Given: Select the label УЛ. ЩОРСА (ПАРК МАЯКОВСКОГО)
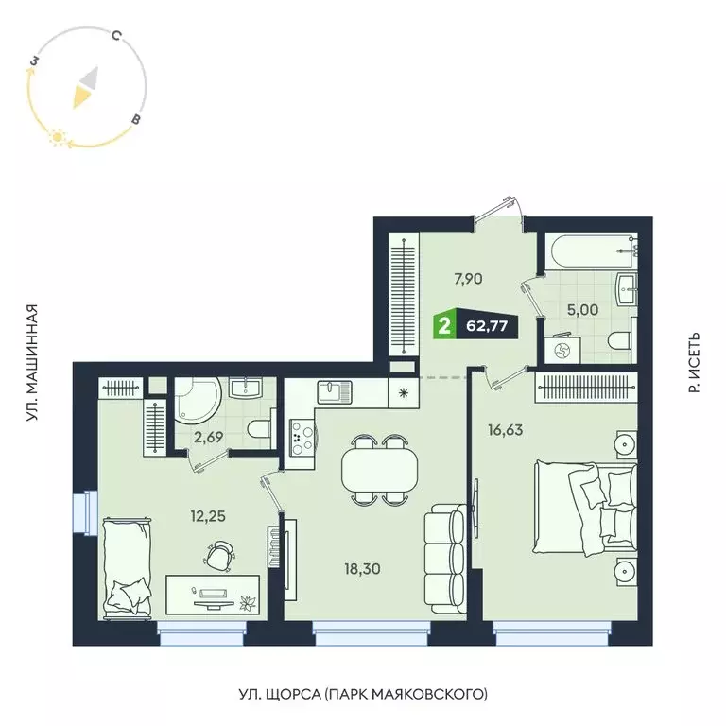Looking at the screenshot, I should (363, 695).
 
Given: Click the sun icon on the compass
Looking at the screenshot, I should (57, 138).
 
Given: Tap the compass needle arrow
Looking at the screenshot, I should (85, 88).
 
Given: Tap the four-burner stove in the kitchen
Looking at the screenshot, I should (303, 434).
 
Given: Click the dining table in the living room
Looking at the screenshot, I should (379, 468).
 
